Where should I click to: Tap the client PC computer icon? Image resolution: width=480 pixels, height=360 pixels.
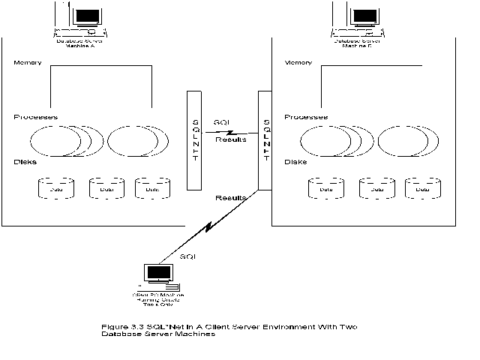pyautogui.click(x=159, y=277)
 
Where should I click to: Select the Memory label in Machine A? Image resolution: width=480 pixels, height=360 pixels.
pyautogui.click(x=27, y=62)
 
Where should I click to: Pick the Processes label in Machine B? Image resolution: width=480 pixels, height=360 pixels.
pyautogui.click(x=305, y=117)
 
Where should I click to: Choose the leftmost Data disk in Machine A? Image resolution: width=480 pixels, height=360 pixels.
pyautogui.click(x=55, y=187)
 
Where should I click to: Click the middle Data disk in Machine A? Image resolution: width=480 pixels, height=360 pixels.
pyautogui.click(x=106, y=187)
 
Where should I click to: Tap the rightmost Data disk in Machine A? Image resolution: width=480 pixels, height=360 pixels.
pyautogui.click(x=151, y=187)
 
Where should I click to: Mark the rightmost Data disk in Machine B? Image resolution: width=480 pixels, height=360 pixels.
pyautogui.click(x=423, y=187)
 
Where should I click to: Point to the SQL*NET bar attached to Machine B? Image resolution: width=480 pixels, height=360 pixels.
pyautogui.click(x=264, y=139)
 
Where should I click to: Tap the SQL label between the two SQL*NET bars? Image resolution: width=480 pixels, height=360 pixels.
pyautogui.click(x=221, y=122)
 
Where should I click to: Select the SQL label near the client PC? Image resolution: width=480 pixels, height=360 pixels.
pyautogui.click(x=188, y=256)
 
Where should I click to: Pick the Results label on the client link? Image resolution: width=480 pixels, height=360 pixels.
pyautogui.click(x=230, y=198)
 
